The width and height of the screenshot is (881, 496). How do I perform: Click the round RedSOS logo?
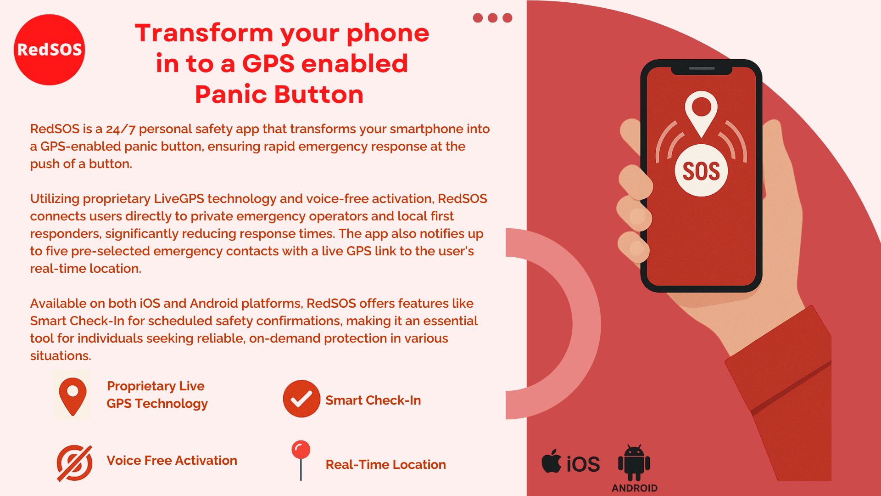(50, 50)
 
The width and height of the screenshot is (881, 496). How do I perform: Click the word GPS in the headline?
(268, 63)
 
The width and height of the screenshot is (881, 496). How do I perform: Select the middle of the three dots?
(492, 18)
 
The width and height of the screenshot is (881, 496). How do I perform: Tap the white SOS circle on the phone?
(701, 170)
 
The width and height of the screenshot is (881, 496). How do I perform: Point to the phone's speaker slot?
(702, 68)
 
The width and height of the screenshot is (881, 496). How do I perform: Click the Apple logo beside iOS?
(552, 461)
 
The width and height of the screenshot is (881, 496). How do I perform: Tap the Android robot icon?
(634, 462)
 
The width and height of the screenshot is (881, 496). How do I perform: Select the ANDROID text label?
(635, 488)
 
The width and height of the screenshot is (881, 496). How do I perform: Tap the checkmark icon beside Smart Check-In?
(301, 399)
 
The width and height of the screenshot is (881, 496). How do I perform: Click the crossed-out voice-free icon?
(74, 463)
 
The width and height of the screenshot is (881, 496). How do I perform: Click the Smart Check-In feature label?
(373, 400)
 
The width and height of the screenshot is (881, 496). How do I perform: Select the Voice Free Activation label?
(172, 461)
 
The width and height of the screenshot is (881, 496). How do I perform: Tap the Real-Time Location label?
(385, 465)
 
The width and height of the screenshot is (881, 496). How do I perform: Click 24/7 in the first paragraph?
(121, 129)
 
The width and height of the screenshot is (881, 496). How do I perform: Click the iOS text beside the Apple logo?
(583, 464)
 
